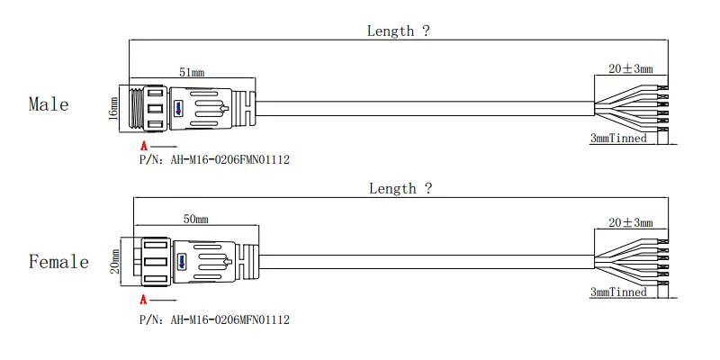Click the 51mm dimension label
click(192, 72)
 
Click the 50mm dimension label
click(195, 219)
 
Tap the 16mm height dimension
click(113, 109)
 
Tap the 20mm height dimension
click(115, 261)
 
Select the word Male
click(49, 104)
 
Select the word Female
click(58, 262)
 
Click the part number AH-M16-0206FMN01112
click(230, 160)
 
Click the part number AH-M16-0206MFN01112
click(230, 319)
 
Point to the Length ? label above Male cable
click(398, 31)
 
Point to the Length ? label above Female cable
click(400, 188)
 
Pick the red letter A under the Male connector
click(144, 147)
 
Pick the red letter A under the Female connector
click(144, 301)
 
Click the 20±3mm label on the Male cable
click(631, 69)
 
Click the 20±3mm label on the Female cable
click(631, 222)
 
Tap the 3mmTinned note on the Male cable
click(618, 138)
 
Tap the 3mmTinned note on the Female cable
click(618, 292)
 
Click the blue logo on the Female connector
click(182, 262)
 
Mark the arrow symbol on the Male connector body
click(224, 109)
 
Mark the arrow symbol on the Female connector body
click(226, 262)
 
